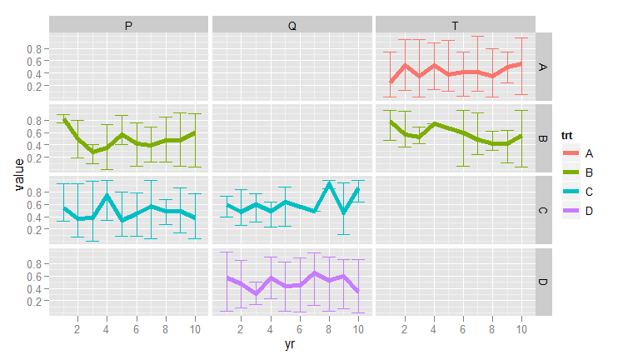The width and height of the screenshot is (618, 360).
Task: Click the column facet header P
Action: click(x=128, y=26)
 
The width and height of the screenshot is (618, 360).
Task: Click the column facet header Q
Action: click(x=292, y=26)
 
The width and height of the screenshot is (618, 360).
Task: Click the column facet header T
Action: click(x=455, y=26)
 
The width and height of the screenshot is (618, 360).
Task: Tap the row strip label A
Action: click(x=543, y=67)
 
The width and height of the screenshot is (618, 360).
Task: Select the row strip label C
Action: click(x=543, y=210)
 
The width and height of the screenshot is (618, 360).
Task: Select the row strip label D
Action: click(x=543, y=282)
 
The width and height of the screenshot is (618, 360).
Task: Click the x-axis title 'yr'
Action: click(x=292, y=343)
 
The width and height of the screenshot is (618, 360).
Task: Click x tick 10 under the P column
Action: click(x=194, y=329)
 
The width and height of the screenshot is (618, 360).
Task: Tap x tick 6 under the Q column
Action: click(x=298, y=329)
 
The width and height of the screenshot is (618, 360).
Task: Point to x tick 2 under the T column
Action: click(x=404, y=329)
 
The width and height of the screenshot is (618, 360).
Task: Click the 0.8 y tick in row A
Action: click(x=34, y=49)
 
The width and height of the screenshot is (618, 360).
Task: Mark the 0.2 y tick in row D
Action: click(x=34, y=301)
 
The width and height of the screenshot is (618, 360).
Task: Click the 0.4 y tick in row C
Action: click(x=34, y=217)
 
